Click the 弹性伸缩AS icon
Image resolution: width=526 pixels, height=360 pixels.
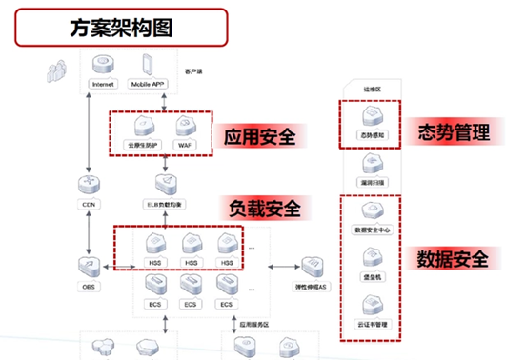[311, 266]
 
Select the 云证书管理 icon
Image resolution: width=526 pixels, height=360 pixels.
[369, 306]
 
